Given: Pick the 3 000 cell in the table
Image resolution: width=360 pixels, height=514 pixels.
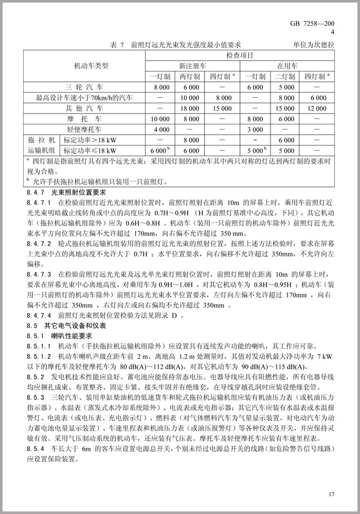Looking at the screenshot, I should (256, 129).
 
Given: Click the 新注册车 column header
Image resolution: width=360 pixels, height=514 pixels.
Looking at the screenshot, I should (192, 66).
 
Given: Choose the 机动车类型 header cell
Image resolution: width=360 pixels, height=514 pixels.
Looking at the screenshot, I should (84, 66).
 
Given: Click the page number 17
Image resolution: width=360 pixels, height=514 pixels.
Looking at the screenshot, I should (331, 494).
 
